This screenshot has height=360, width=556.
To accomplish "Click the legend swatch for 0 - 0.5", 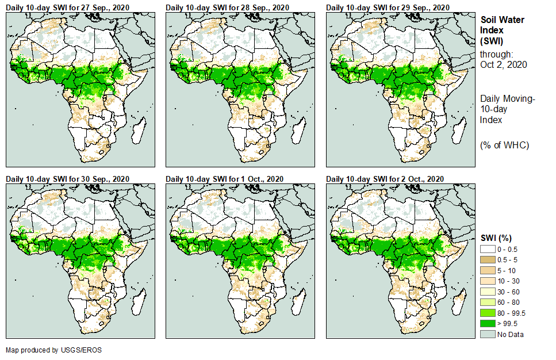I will click(488, 248).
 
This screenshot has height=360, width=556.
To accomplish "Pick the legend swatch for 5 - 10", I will click(488, 270).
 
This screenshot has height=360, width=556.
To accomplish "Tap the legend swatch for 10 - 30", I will click(488, 281).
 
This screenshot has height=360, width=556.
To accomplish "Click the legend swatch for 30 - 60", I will click(488, 291).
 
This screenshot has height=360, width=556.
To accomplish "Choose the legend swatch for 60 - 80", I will click(488, 302).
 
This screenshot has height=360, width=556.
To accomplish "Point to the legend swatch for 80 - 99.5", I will click(488, 313).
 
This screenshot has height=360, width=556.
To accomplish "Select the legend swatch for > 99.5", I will click(488, 323).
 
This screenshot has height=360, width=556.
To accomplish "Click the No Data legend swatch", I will click(488, 334).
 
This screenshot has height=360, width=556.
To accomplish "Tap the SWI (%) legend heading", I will click(496, 238).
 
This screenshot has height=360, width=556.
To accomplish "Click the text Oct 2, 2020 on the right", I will click(504, 64).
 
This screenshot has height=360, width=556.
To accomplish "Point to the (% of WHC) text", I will click(504, 145).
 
